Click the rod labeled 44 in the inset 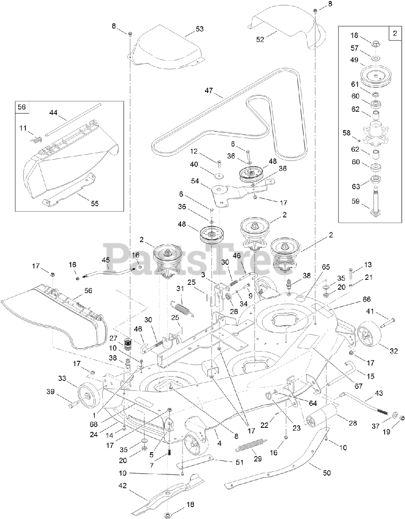73,120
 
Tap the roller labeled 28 322,416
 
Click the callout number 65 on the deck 326,268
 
